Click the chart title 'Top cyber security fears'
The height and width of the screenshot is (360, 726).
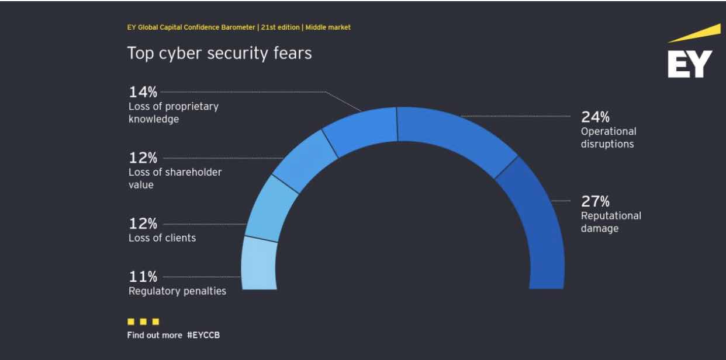(x=219, y=53)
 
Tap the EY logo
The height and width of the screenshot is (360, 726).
(x=690, y=58)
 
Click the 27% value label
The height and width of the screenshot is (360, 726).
(x=595, y=201)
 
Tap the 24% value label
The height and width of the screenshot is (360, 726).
(x=595, y=117)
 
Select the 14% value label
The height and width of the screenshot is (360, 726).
(x=143, y=92)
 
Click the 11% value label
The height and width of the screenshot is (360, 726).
(x=143, y=276)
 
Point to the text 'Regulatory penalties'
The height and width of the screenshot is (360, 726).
(x=177, y=291)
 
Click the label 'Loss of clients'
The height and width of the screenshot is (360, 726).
(x=162, y=237)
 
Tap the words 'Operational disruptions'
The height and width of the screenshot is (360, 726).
(x=608, y=138)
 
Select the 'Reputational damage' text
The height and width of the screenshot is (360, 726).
(x=610, y=222)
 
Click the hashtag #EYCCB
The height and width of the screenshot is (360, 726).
(x=203, y=335)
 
